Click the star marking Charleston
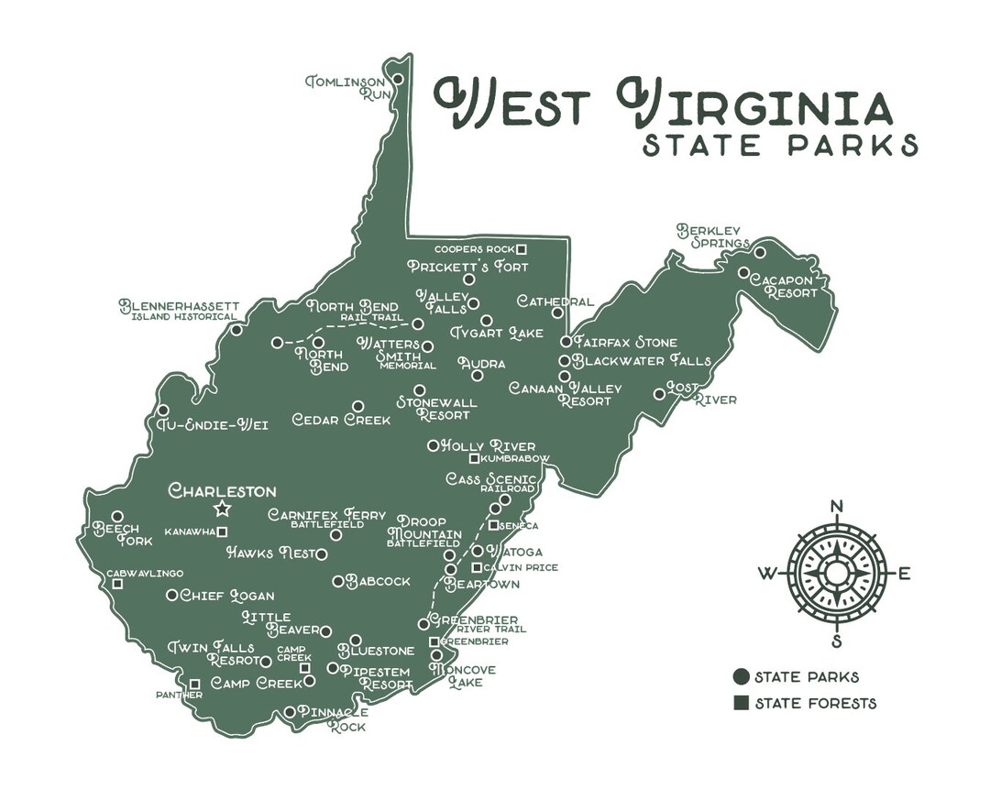click(222, 509)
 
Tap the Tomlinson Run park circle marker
click(398, 80)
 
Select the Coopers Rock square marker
click(522, 248)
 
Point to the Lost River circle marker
click(659, 394)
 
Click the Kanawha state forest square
click(222, 531)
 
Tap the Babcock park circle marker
click(337, 581)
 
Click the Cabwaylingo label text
click(145, 573)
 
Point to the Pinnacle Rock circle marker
click(290, 712)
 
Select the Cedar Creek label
click(341, 421)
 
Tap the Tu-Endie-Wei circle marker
click(163, 410)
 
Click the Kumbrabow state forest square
click(474, 458)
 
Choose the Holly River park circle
click(434, 446)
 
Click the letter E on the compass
click(903, 575)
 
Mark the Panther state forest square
click(194, 684)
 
